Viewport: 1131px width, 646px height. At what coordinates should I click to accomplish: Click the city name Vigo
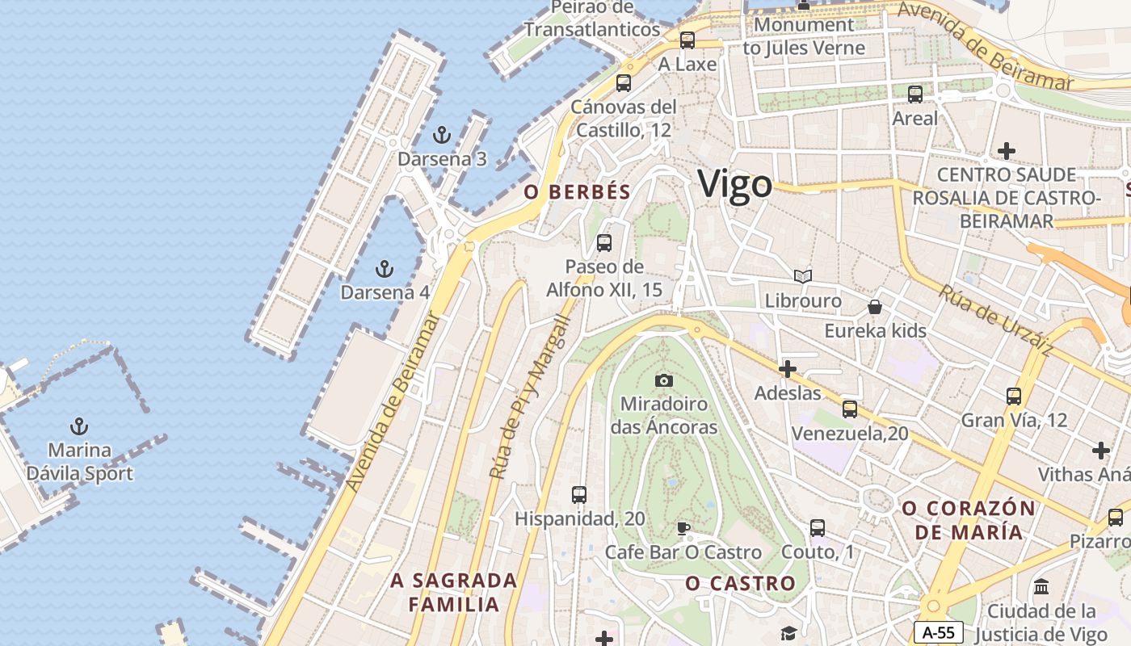734,184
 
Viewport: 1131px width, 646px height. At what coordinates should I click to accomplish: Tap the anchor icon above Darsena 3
441,134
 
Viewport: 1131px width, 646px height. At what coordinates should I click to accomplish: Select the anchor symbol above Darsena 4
385,268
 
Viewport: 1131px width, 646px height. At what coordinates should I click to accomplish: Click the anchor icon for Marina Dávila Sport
79,426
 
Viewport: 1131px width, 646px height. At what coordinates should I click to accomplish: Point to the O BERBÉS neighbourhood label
577,191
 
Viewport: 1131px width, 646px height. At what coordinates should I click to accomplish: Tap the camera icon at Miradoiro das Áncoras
664,380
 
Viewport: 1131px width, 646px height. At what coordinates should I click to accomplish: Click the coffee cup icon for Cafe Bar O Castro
683,529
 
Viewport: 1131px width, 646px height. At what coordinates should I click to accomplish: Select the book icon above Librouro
802,277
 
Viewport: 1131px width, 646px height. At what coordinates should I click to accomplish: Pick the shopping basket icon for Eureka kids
875,307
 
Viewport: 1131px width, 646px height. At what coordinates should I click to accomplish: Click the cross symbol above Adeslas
787,369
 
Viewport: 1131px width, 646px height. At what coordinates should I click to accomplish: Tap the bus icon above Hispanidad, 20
579,494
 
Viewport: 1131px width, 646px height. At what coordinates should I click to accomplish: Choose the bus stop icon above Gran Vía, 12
1014,396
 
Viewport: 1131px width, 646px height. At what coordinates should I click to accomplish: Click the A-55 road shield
939,632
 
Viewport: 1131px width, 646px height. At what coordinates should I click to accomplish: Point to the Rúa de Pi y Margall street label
530,396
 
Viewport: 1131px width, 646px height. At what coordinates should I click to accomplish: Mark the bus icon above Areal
915,94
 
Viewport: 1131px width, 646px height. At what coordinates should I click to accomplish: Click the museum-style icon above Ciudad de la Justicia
1041,586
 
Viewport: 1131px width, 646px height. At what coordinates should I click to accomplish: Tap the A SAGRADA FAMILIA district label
453,592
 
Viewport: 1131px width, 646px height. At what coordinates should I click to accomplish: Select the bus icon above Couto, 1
818,528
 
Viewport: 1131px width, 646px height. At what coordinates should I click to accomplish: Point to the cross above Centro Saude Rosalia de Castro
1007,151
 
